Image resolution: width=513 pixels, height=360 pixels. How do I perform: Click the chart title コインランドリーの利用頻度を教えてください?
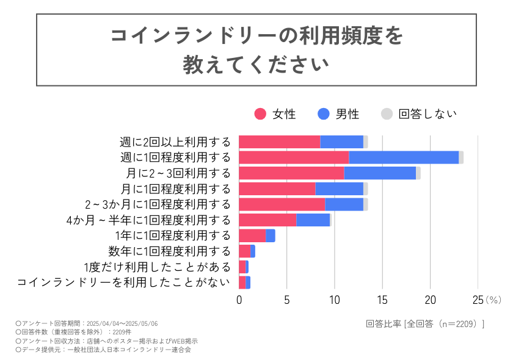coord(256,49)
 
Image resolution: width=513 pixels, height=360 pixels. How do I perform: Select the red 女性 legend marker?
coord(261,114)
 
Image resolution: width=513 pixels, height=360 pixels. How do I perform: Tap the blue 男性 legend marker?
coord(324,114)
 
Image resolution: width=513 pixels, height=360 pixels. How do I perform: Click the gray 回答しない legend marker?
coord(387,114)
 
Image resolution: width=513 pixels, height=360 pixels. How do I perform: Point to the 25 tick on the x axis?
coord(478,300)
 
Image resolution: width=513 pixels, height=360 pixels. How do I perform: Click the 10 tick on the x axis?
coord(335,300)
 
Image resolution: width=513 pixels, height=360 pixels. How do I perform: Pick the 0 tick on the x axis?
coord(239,300)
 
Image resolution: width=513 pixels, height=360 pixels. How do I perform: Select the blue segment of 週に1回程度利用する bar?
coord(404,157)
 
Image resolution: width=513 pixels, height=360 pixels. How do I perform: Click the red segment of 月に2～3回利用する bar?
coord(291,173)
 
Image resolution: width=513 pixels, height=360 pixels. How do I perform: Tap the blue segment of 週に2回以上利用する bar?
coord(341,142)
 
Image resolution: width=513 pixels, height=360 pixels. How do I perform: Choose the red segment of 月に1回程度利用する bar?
coord(277,189)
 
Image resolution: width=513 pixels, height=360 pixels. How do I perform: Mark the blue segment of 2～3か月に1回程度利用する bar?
coord(344,204)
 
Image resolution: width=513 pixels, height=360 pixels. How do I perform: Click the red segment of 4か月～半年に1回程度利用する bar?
coord(267,220)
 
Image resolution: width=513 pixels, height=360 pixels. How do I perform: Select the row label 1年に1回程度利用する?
coord(173,236)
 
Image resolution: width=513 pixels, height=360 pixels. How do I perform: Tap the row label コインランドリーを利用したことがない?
coord(124,282)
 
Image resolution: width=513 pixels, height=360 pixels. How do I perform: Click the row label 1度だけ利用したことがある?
coord(157,267)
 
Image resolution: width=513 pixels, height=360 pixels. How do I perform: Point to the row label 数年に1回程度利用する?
coord(169,251)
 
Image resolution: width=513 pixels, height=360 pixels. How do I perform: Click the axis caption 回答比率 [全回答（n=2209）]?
coord(426,323)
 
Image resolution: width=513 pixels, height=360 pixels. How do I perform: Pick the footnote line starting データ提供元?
coord(103,350)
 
